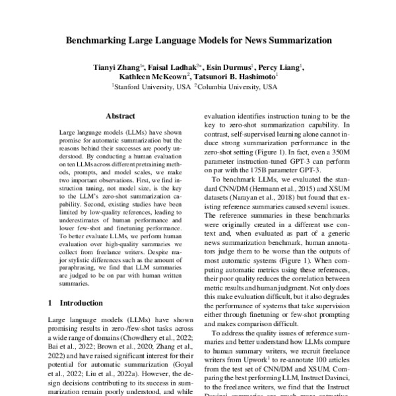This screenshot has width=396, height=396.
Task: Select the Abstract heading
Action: click(120, 115)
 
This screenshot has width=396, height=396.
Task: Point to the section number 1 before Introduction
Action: click(51, 304)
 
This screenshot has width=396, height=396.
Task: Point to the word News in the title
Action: click(249, 40)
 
